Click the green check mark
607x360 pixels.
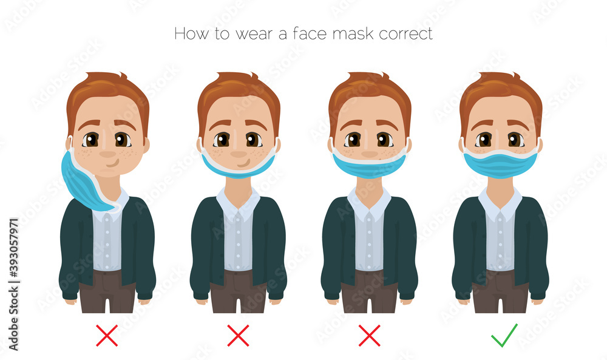click(x=504, y=335)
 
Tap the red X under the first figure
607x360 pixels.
click(x=107, y=335)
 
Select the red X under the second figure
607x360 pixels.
click(x=238, y=335)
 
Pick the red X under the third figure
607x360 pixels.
click(x=369, y=335)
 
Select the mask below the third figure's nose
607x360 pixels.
click(x=369, y=166)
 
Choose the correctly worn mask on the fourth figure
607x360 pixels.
click(x=500, y=163)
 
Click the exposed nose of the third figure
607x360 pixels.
click(x=369, y=152)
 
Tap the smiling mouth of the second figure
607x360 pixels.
click(x=242, y=163)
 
